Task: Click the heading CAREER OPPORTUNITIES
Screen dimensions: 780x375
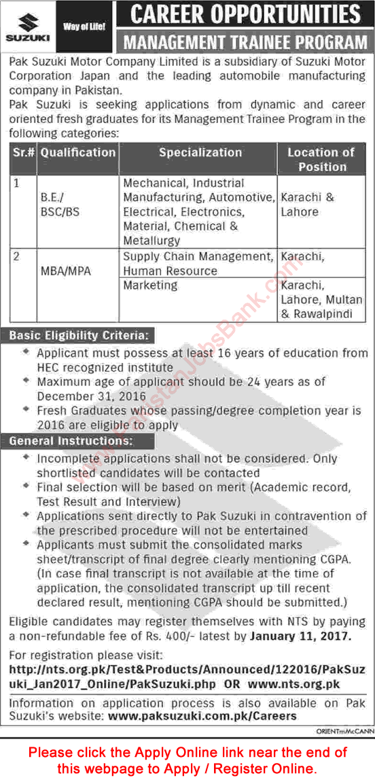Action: coord(245,14)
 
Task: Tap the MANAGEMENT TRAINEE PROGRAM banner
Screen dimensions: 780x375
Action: coord(245,43)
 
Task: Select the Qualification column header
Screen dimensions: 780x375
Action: coord(77,152)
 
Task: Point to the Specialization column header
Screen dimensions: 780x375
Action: coord(200,152)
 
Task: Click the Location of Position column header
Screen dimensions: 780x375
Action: coord(321,159)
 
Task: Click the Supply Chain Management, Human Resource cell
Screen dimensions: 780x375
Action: coord(197,263)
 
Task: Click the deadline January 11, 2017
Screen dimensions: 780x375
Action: coord(300,636)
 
